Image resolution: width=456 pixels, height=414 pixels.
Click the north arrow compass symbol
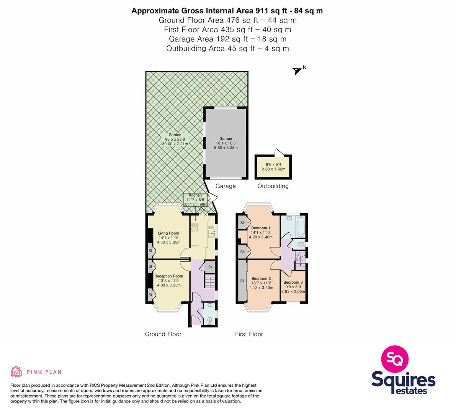tap(297, 71)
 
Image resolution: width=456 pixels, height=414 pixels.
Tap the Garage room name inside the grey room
tap(226, 139)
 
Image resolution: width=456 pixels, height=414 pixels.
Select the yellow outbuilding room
tap(273, 167)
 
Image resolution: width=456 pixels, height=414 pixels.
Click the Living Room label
tap(168, 233)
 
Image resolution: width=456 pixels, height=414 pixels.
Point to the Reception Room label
tap(169, 276)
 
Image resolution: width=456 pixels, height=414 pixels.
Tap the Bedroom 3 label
tap(293, 282)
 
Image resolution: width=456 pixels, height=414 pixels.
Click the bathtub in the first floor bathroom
tap(301, 226)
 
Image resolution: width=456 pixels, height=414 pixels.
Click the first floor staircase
tap(301, 260)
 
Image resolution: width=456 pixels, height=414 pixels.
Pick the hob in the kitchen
tap(194, 227)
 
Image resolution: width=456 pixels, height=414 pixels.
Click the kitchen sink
tap(211, 232)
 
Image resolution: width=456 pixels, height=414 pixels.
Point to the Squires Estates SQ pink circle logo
tap(395, 359)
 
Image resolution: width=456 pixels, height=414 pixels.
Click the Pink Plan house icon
tap(16, 371)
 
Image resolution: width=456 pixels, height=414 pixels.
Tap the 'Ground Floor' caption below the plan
tap(163, 334)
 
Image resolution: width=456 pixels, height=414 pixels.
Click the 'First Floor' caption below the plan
tap(249, 334)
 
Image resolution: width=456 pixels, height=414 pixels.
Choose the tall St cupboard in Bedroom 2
tap(242, 281)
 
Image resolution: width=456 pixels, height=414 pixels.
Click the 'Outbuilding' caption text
tap(273, 186)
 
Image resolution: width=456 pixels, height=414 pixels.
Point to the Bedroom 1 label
tap(261, 228)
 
